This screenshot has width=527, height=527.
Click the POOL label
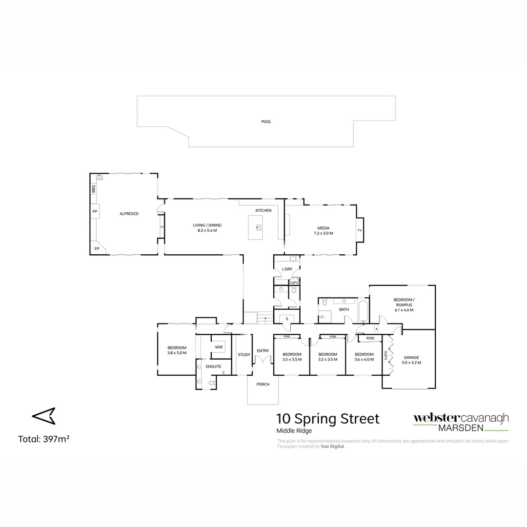click(266, 122)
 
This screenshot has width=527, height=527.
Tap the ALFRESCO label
click(129, 214)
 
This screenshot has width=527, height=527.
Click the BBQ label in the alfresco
click(93, 188)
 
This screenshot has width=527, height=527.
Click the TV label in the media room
click(360, 230)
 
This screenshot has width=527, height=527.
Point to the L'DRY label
click(287, 269)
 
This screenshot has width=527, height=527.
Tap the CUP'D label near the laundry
click(294, 283)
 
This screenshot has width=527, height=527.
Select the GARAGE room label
click(411, 357)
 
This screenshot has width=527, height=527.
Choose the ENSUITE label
click(213, 366)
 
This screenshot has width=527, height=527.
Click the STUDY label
click(243, 355)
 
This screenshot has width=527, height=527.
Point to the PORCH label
click(263, 384)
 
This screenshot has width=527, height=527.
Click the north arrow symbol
click(44, 416)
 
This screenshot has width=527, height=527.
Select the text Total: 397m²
click(43, 439)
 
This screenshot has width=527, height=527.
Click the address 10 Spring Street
click(327, 419)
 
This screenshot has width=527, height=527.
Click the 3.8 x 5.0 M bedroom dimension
click(177, 352)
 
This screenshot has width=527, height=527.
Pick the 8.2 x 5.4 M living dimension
click(207, 230)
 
